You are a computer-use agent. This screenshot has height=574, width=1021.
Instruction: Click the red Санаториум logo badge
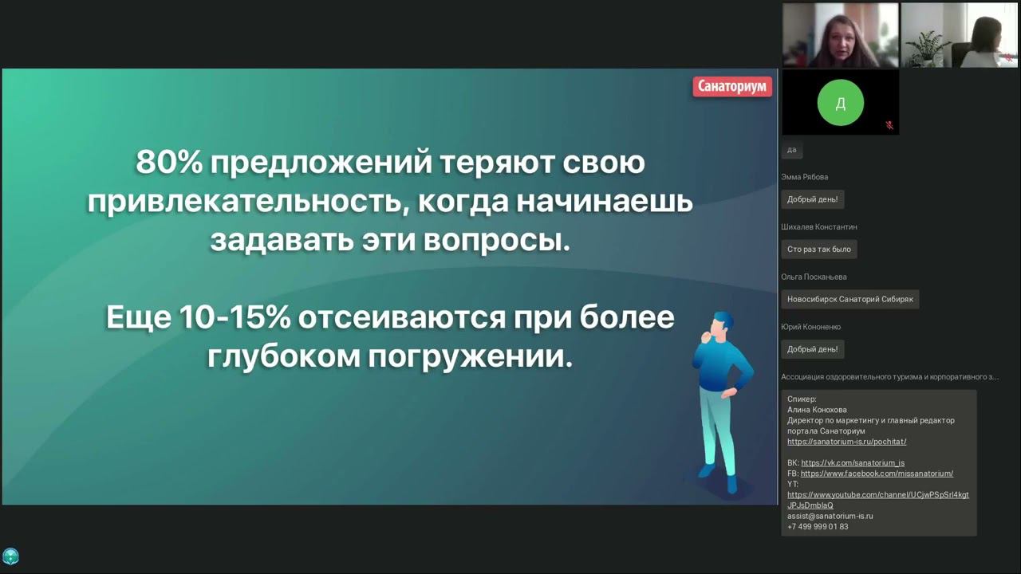pyautogui.click(x=732, y=87)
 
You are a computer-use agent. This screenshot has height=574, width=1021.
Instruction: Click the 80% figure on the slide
pyautogui.click(x=168, y=162)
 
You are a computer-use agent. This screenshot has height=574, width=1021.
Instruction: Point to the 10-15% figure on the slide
pyautogui.click(x=235, y=317)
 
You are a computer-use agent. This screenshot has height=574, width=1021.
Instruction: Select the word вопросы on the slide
pyautogui.click(x=497, y=241)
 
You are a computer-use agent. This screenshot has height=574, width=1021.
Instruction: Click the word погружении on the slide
pyautogui.click(x=470, y=356)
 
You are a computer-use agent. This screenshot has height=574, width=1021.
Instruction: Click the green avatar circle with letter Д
pyautogui.click(x=841, y=103)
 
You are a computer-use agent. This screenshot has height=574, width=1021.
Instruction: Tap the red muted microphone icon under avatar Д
pyautogui.click(x=889, y=125)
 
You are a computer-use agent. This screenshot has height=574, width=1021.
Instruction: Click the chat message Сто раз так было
pyautogui.click(x=819, y=250)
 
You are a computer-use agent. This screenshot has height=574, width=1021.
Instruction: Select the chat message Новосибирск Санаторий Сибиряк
pyautogui.click(x=850, y=299)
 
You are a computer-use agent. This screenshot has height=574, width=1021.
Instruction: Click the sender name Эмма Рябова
pyautogui.click(x=805, y=177)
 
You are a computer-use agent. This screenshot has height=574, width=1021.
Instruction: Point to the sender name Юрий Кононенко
pyautogui.click(x=811, y=327)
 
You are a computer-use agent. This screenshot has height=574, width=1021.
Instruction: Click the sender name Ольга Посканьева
pyautogui.click(x=814, y=277)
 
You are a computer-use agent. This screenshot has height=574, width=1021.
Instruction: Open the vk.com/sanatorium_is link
pyautogui.click(x=853, y=463)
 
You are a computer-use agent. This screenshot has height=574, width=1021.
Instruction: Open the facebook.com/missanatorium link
pyautogui.click(x=877, y=474)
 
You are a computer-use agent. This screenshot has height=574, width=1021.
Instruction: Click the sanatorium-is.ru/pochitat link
pyautogui.click(x=847, y=442)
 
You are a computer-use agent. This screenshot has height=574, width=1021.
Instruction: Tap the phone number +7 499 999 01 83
pyautogui.click(x=818, y=527)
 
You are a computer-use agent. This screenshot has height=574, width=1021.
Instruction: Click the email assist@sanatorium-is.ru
pyautogui.click(x=830, y=516)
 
